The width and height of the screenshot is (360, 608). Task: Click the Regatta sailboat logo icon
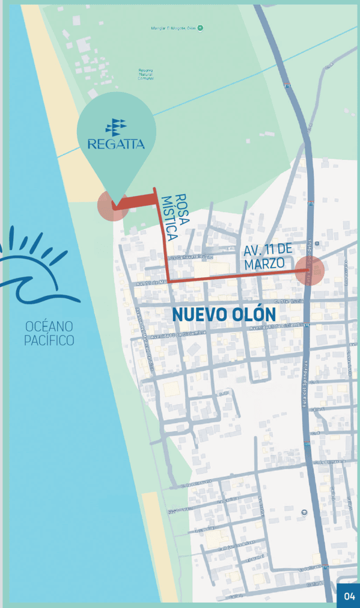coord(116,126)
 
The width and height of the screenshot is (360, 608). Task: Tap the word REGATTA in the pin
coord(116,144)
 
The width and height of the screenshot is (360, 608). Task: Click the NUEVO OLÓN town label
coord(224,314)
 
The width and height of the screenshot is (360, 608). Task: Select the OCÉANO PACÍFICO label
coord(49,333)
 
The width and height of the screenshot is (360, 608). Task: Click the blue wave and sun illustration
coord(36,269)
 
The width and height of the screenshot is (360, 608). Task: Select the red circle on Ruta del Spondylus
coord(310,271)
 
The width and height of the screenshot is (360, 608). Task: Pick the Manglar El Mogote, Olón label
coord(173,28)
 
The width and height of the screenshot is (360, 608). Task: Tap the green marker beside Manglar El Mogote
coord(201,28)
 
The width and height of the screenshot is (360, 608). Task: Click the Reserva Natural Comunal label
coord(145,73)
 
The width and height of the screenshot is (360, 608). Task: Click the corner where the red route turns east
coord(168,280)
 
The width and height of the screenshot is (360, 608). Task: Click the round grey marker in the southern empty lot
coord(304,512)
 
